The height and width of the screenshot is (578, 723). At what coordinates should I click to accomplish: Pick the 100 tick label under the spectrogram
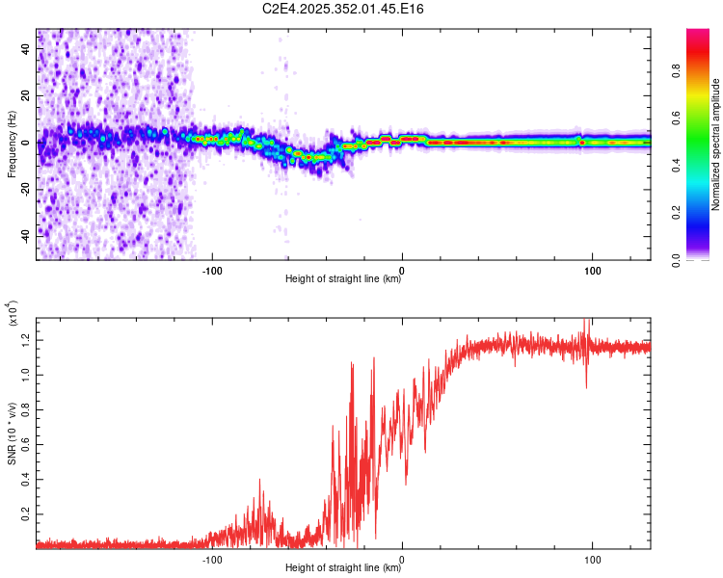point(592,269)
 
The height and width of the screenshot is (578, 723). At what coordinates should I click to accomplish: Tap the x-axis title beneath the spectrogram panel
point(343,279)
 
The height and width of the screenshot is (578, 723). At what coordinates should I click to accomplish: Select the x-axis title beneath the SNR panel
point(343,568)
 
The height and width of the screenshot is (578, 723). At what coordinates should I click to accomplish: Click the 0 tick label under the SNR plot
point(402,558)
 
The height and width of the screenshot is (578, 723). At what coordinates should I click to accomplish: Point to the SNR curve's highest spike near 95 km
point(585,322)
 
